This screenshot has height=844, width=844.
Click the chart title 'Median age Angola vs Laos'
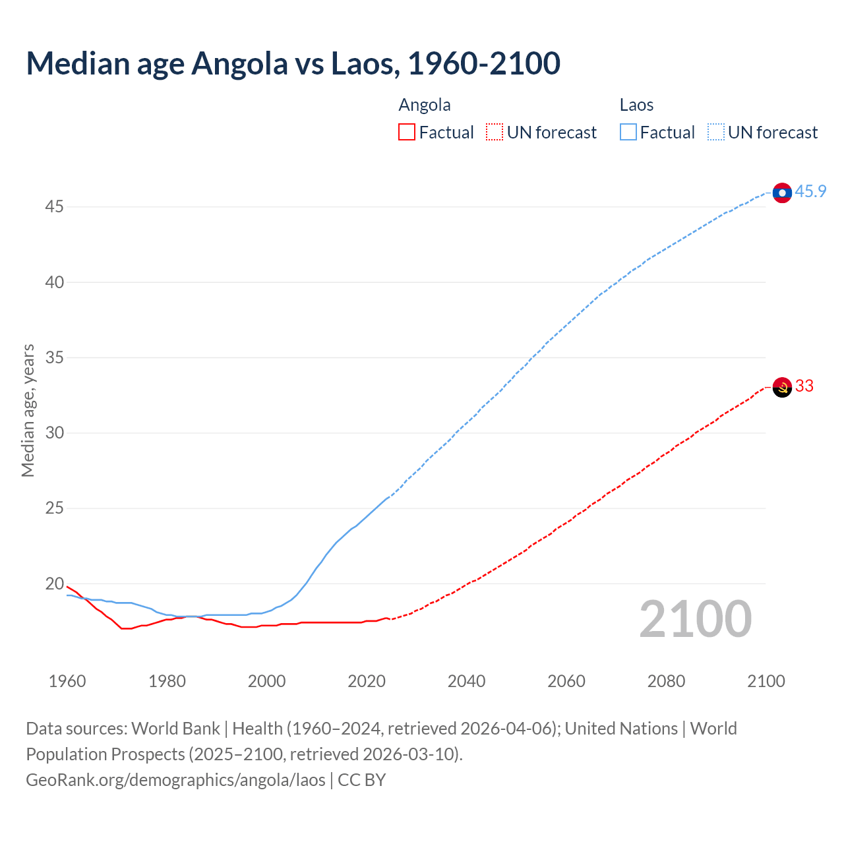(x=293, y=63)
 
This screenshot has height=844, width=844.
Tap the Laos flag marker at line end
(x=782, y=193)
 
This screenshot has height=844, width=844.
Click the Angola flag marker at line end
(x=782, y=387)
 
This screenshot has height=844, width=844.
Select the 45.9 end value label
(x=810, y=192)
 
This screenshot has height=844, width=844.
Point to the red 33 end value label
(x=804, y=386)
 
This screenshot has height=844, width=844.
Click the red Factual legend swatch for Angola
(x=407, y=133)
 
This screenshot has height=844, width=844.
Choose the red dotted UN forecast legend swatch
(x=495, y=133)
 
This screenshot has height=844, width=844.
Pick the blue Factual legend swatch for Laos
(x=628, y=133)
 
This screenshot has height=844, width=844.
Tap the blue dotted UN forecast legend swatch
(x=715, y=133)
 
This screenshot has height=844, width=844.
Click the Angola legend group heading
(x=425, y=105)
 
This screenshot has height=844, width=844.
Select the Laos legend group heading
(x=636, y=105)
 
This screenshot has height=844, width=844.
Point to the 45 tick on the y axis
(x=54, y=207)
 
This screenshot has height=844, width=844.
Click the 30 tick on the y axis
(x=54, y=433)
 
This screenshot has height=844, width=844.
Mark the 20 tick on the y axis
(x=54, y=584)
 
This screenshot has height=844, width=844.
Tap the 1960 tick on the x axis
(x=67, y=681)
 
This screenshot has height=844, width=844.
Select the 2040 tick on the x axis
(x=466, y=681)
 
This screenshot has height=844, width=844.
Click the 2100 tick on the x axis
(x=766, y=681)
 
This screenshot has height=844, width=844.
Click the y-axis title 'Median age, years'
(x=28, y=410)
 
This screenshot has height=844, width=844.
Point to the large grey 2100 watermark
(x=696, y=619)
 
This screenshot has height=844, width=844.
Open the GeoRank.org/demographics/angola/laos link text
(x=175, y=780)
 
